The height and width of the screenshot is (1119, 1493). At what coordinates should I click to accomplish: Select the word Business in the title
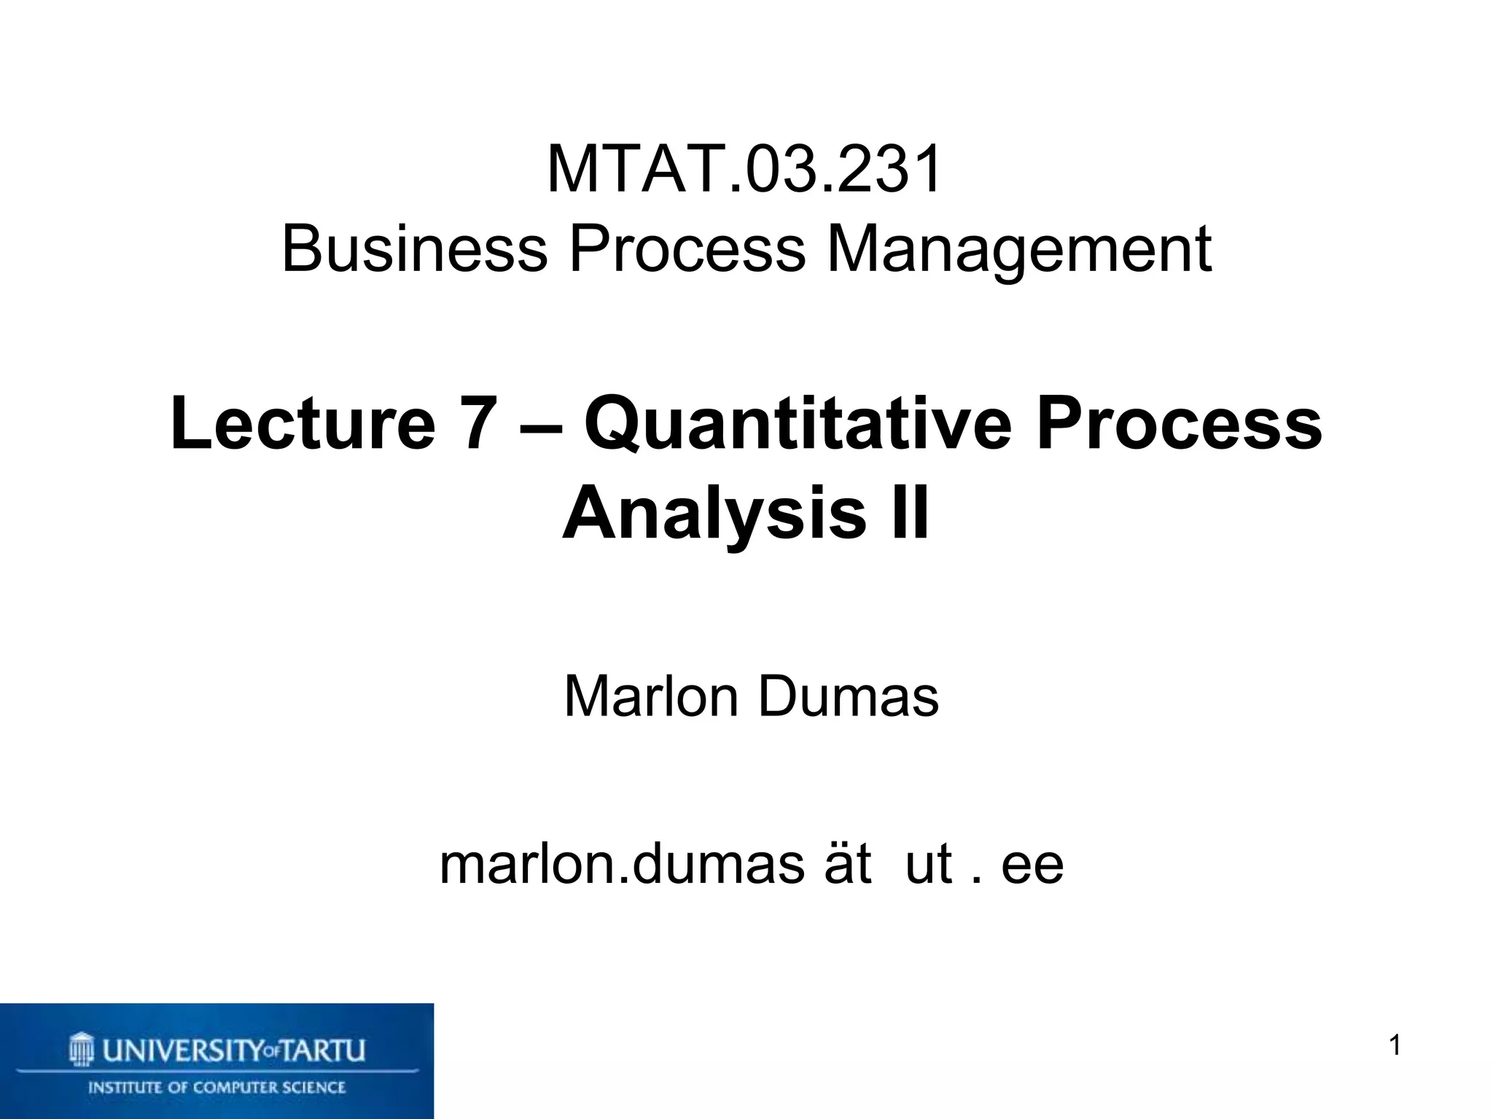414,249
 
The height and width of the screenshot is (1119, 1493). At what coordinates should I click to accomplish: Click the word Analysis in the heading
714,514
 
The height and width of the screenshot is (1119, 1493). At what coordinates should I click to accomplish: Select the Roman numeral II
911,513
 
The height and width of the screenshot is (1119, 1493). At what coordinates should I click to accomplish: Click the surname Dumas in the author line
849,696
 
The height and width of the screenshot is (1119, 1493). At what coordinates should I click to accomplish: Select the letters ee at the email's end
1032,865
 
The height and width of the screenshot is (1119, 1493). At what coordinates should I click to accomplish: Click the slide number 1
1395,1045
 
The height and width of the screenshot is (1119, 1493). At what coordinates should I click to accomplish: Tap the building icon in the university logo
82,1050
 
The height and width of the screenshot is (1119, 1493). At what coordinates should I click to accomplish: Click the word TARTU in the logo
322,1051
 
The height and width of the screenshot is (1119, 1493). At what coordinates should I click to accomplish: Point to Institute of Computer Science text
217,1088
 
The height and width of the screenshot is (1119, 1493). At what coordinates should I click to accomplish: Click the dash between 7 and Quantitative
541,425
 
